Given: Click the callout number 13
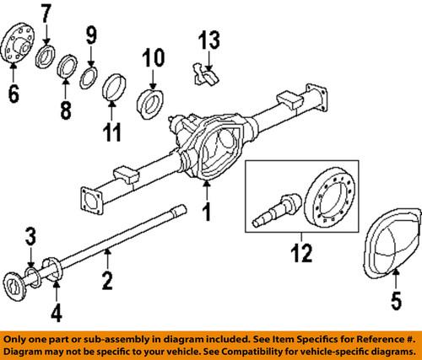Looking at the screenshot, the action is click(x=209, y=40).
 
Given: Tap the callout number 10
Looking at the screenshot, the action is click(x=153, y=58).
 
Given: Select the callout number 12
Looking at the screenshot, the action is click(x=301, y=253).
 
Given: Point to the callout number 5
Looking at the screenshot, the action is click(x=396, y=301).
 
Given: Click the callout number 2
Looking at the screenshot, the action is click(x=107, y=281).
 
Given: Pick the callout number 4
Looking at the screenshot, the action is click(x=57, y=314).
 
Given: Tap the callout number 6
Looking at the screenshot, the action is click(x=14, y=94).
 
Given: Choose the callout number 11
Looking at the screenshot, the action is click(x=111, y=132).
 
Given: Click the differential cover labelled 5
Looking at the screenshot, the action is click(x=392, y=244).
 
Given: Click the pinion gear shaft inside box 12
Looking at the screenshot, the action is click(x=277, y=209).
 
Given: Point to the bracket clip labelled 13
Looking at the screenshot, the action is click(x=205, y=75).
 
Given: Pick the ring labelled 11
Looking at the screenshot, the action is click(x=114, y=87).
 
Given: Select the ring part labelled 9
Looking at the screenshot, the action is click(x=89, y=78).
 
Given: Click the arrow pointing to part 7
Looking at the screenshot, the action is click(x=46, y=34).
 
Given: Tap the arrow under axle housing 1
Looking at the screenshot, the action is click(x=207, y=191).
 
